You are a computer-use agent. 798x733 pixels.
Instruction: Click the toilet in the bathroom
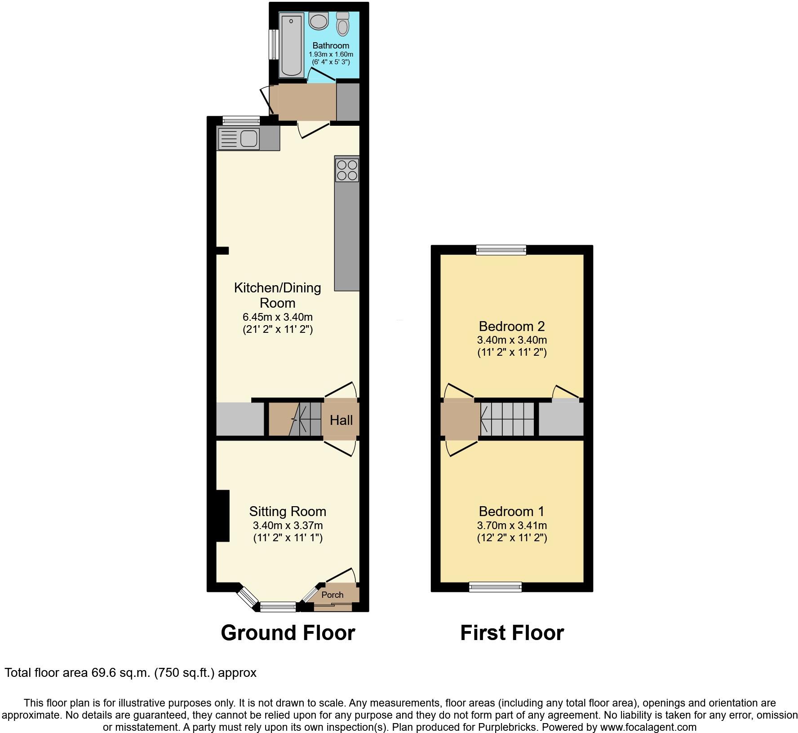tap(343, 24)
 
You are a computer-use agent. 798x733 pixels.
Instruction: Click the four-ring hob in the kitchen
tap(346, 169)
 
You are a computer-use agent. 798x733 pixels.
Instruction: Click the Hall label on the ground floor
tap(341, 420)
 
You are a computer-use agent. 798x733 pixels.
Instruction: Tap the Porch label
tap(332, 595)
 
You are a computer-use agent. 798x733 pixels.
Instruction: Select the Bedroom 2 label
tap(512, 326)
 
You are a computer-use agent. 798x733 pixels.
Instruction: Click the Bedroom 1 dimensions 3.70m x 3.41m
tap(512, 525)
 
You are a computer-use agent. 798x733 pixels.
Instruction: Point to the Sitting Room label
tap(288, 511)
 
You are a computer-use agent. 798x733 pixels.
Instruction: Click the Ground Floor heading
tap(288, 633)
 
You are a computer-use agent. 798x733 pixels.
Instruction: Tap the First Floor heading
tap(512, 633)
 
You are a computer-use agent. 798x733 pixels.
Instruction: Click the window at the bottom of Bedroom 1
tap(495, 587)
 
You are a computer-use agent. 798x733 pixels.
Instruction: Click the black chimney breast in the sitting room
tap(223, 516)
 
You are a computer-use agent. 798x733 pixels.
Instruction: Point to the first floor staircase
tap(507, 419)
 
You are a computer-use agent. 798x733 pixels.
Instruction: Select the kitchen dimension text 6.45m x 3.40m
tap(277, 317)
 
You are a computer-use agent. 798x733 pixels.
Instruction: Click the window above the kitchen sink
tap(241, 120)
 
